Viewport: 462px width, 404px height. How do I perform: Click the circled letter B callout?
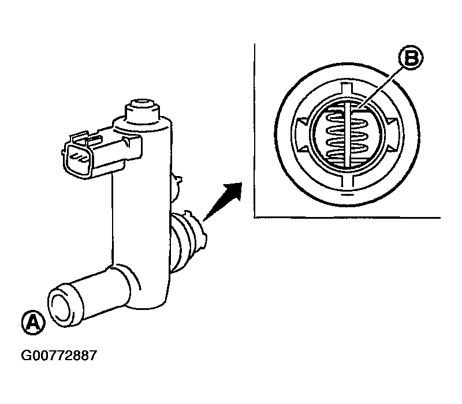[411, 58]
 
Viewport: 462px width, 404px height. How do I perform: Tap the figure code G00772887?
[59, 356]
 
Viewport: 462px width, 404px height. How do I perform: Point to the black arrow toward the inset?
[222, 201]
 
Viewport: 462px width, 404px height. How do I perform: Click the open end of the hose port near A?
[60, 306]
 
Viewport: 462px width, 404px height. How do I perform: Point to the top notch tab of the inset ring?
[346, 87]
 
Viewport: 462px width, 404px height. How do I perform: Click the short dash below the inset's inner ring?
[347, 195]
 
